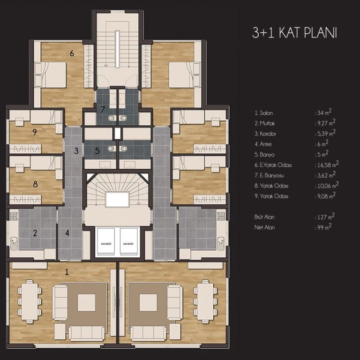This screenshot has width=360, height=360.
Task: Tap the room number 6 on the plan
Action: point(72,53)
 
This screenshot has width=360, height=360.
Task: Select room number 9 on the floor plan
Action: point(35,132)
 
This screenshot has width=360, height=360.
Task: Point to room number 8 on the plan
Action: point(35,184)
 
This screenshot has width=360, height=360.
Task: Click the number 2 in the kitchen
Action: point(35,233)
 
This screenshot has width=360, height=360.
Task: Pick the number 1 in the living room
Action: point(67,271)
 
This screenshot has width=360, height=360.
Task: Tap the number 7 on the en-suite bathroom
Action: point(103,110)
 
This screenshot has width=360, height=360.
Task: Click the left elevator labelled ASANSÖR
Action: point(106,243)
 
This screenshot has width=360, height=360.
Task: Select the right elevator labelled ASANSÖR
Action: point(127,243)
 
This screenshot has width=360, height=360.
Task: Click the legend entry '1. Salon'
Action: point(263,113)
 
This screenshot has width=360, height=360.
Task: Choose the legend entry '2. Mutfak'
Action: point(264,123)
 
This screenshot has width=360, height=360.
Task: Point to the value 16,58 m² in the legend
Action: point(327,165)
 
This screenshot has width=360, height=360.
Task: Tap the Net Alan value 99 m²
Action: point(322,227)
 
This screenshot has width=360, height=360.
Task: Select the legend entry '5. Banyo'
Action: point(264,154)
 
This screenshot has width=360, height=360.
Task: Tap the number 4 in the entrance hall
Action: point(67,233)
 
